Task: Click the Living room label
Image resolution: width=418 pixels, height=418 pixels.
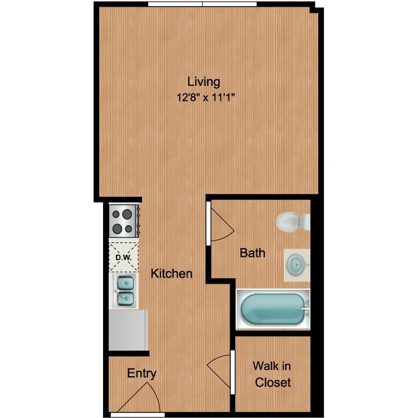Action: point(204,82)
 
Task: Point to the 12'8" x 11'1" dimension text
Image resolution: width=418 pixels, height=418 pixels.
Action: point(206,98)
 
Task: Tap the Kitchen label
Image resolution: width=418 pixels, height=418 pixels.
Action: point(172,274)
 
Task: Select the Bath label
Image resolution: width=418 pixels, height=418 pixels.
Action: point(252,252)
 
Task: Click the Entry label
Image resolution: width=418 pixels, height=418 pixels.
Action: point(142,373)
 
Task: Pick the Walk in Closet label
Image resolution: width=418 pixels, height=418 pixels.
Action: point(272,375)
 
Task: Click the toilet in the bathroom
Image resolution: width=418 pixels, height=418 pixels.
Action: point(293,221)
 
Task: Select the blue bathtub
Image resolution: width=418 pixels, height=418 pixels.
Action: point(273,309)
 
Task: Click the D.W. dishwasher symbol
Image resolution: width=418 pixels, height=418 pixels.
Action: point(124,257)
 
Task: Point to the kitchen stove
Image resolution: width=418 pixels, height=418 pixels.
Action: point(124,221)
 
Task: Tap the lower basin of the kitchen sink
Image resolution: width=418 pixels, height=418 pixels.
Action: point(125,299)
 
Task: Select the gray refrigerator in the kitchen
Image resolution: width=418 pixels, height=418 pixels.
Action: point(128,330)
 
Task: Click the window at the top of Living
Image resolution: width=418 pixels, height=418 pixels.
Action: point(202,4)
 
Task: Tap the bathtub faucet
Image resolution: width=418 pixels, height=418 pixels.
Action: point(305,309)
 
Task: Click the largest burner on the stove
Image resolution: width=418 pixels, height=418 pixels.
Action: point(127,214)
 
